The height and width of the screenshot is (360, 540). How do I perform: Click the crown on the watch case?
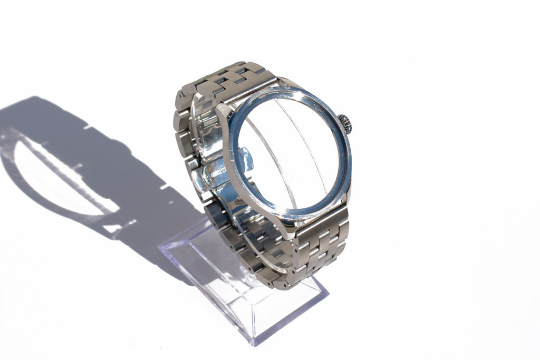345,124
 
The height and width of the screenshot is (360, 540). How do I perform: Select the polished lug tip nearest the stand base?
288,232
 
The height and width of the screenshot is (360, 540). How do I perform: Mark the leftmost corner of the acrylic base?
160,246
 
